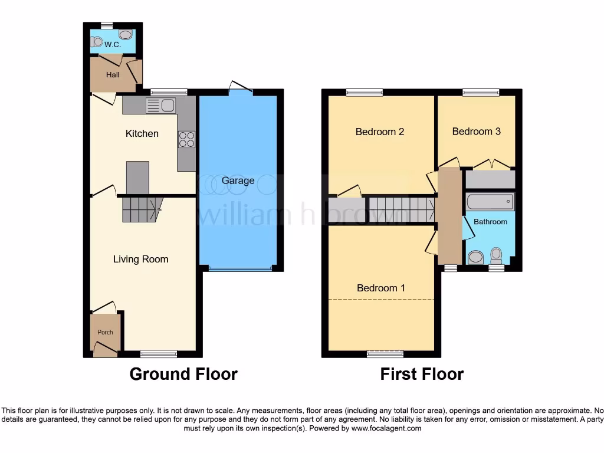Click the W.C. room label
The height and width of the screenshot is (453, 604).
tap(112, 44)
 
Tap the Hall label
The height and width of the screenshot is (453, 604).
tap(113, 75)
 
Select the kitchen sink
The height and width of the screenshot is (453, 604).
tap(160, 106)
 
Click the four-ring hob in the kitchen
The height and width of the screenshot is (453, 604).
tap(186, 139)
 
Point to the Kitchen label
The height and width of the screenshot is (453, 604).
tap(142, 134)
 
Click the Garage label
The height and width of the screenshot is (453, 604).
tap(238, 180)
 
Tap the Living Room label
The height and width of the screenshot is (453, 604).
tap(141, 259)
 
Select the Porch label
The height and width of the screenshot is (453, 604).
tap(105, 332)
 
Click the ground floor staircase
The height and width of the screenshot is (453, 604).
tap(142, 209)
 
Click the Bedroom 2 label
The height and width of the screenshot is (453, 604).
tap(380, 132)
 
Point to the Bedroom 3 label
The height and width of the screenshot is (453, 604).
tap(477, 132)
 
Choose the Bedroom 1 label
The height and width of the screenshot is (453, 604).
tap(381, 288)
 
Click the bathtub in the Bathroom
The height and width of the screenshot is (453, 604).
tap(490, 202)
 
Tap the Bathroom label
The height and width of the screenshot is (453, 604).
tap(491, 222)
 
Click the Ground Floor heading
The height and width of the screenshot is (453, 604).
tap(183, 374)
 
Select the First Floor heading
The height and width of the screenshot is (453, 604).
tap(422, 374)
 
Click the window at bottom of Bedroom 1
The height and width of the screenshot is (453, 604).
tap(385, 354)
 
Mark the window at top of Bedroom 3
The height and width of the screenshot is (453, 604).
tap(480, 92)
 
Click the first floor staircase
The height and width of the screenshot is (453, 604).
tap(402, 209)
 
